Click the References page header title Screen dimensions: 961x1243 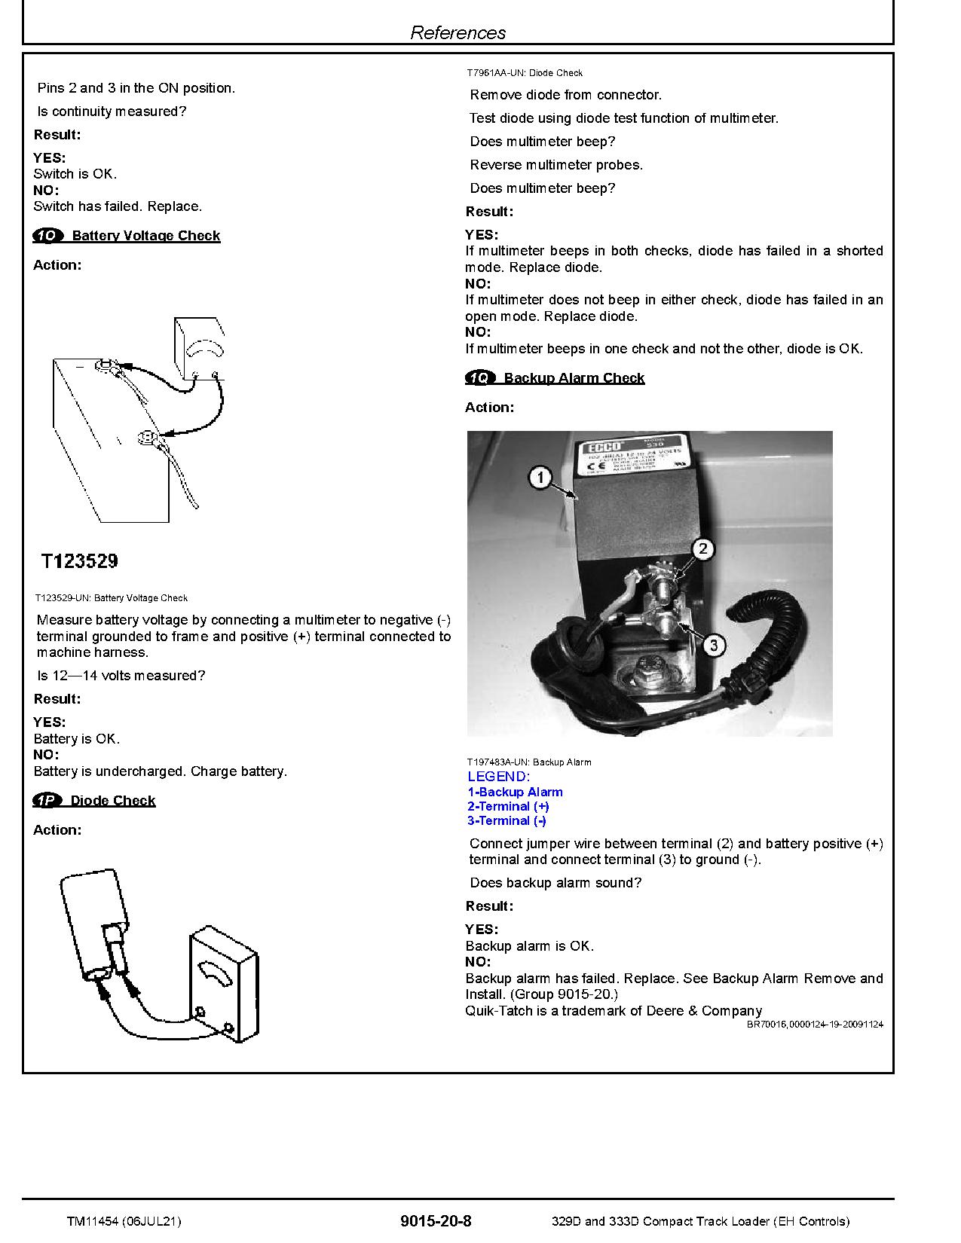pyautogui.click(x=458, y=32)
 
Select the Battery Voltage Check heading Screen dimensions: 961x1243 pyautogui.click(x=145, y=236)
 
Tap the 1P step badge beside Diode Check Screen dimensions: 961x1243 pyautogui.click(x=47, y=800)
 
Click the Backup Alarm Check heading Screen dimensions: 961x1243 pyautogui.click(x=574, y=378)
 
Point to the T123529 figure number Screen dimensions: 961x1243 pyautogui.click(x=79, y=561)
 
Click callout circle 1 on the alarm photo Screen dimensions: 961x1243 pyautogui.click(x=540, y=478)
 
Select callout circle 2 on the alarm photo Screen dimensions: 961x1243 pyautogui.click(x=702, y=548)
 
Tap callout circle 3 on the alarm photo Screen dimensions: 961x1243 pyautogui.click(x=713, y=645)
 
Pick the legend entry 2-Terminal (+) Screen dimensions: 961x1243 pyautogui.click(x=508, y=807)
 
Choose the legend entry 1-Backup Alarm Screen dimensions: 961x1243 pyautogui.click(x=515, y=792)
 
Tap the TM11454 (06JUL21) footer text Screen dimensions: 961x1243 pyautogui.click(x=123, y=1221)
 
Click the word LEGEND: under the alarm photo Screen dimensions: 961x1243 pyautogui.click(x=498, y=777)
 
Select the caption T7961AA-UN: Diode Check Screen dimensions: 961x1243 pyautogui.click(x=524, y=73)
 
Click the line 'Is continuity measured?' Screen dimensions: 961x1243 pyautogui.click(x=112, y=111)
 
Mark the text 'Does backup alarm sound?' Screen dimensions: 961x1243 pyautogui.click(x=555, y=883)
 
